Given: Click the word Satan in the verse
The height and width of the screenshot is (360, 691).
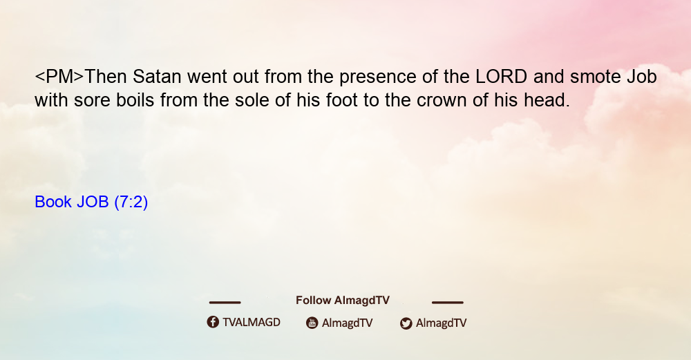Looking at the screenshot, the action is pos(157,77).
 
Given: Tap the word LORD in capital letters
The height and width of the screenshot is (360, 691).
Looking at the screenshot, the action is pos(502,77).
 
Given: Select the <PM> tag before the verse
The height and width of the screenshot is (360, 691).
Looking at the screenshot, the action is pos(59,77).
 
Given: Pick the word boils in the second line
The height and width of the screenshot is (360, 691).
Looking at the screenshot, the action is pos(135,100).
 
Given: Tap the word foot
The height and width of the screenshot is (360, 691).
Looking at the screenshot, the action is pos(341,100).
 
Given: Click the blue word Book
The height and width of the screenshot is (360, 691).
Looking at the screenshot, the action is pos(53,202).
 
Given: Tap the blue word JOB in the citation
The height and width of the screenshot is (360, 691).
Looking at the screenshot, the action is pos(93,202).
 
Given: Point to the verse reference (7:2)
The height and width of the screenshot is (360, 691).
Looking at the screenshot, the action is pos(131,202).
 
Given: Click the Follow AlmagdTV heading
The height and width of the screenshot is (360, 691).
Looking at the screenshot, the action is pos(343,301).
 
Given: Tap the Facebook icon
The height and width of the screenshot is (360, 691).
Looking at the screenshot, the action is pos(213,322).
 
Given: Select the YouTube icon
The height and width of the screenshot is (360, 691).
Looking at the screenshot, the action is pos(312,323).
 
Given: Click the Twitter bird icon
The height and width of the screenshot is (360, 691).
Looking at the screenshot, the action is pos(406,323).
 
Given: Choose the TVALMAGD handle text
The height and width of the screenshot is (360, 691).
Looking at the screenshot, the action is pos(252,323).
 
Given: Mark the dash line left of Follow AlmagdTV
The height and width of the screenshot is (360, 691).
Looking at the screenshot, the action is pos(225,303).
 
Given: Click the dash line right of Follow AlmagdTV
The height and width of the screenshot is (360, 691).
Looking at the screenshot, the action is pos(448,303).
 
